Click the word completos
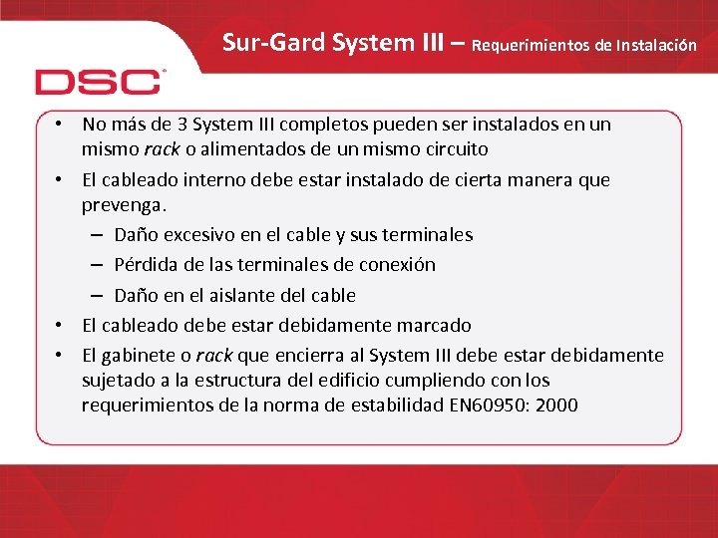pyautogui.click(x=324, y=125)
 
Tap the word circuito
pyautogui.click(x=453, y=149)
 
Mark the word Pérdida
pyautogui.click(x=146, y=265)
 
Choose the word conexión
pyautogui.click(x=396, y=265)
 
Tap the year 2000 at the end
pyautogui.click(x=554, y=405)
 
